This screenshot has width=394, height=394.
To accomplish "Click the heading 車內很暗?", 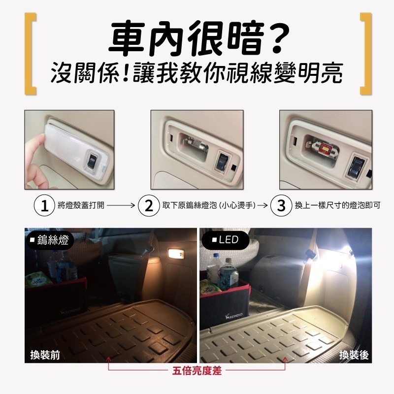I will pyautogui.click(x=197, y=38).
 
